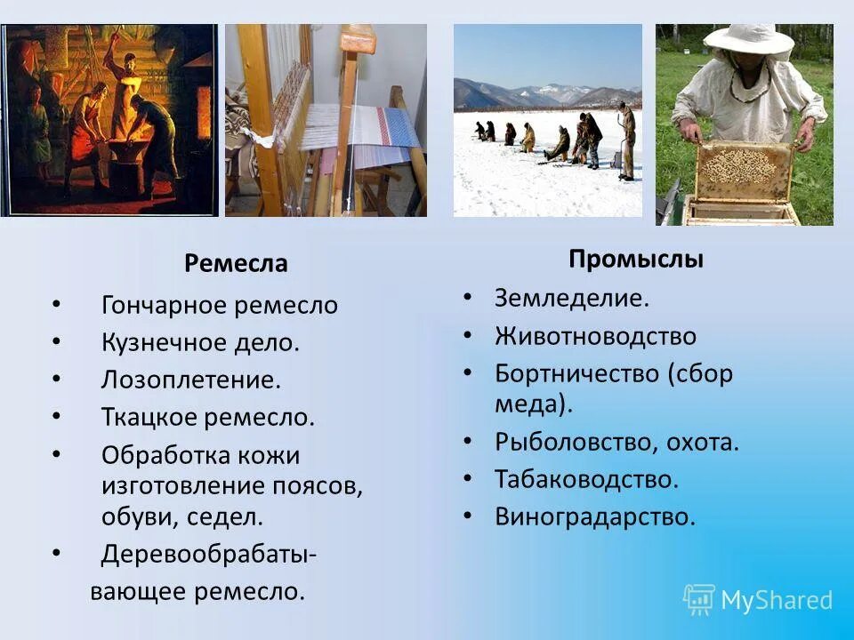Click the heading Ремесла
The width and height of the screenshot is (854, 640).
point(236,264)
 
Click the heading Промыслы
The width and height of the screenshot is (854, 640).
point(636,260)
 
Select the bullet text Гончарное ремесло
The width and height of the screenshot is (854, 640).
point(220,306)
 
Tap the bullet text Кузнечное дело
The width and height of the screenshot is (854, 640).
point(200,343)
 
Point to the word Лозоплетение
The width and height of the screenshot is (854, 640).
point(190,380)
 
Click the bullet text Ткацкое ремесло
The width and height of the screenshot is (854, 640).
point(208,417)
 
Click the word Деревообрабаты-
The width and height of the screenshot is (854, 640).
point(209,554)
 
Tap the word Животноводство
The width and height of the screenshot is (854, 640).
point(595,337)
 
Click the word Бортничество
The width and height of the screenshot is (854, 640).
point(577,374)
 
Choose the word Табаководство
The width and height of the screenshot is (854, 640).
point(586,479)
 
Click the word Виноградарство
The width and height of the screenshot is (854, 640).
point(594,516)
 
